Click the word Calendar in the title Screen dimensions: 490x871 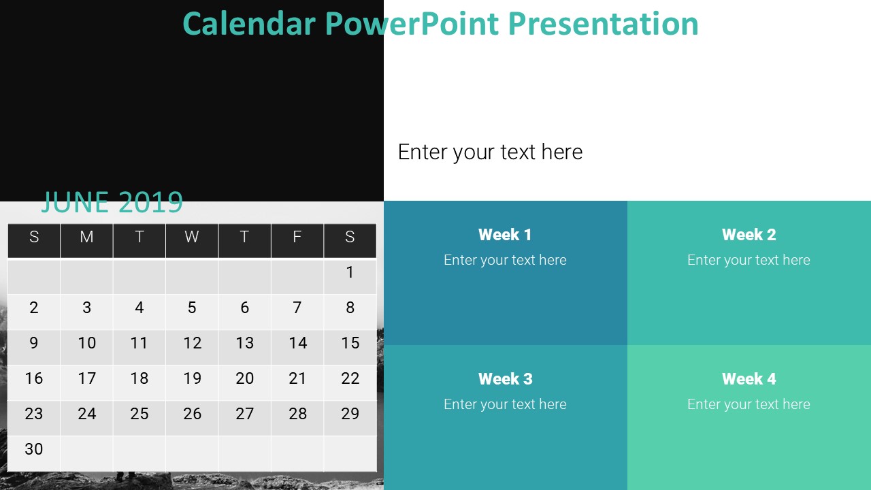pos(248,24)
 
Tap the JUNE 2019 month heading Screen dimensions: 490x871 pos(112,202)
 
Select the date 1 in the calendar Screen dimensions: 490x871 pos(350,273)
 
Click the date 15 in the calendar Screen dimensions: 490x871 pos(350,343)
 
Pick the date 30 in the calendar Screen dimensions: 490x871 pos(34,449)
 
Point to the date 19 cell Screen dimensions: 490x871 pos(192,378)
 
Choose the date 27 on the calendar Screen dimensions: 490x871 pos(244,414)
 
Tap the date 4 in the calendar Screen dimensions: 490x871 pos(139,308)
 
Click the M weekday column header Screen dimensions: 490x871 pos(86,237)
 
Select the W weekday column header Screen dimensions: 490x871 pos(192,237)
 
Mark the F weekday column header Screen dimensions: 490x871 pos(297,237)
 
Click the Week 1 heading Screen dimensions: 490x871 pos(505,235)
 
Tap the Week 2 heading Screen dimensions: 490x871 pos(749,235)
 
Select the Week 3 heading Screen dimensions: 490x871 pos(505,379)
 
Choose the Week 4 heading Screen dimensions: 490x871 pos(749,379)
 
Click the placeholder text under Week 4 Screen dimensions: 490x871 pos(749,404)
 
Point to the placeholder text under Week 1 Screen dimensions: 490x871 pos(505,260)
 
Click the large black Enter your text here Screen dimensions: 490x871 pos(490,152)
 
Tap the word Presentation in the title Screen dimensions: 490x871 pos(603,24)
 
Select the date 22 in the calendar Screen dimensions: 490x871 pos(350,378)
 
